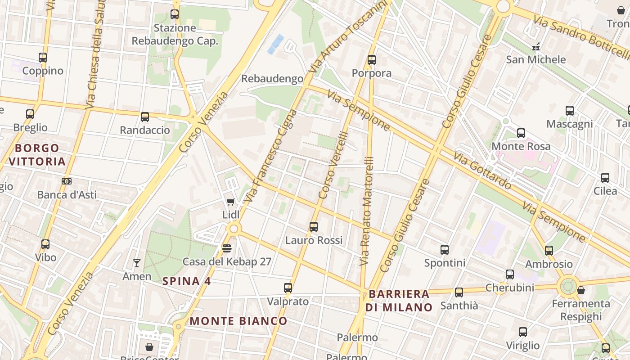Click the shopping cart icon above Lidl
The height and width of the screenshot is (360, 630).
[231, 202]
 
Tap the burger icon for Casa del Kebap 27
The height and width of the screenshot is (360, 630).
[227, 248]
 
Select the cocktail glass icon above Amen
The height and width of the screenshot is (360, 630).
[137, 263]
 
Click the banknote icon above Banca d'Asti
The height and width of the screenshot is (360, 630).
[67, 181]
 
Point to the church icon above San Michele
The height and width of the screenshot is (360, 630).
[535, 46]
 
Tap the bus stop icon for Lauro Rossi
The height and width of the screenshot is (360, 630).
[314, 227]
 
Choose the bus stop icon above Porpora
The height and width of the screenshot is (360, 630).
[372, 60]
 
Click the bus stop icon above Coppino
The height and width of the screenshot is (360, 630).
[43, 58]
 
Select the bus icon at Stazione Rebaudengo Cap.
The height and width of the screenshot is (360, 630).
[175, 14]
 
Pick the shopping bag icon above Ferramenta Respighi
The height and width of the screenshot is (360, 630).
[581, 290]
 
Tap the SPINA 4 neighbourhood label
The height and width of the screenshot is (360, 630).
[186, 281]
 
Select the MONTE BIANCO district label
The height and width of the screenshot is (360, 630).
[238, 321]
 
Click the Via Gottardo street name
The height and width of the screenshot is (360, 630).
[482, 171]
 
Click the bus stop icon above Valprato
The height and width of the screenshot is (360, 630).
[288, 288]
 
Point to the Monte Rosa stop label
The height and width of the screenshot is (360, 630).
[521, 146]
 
